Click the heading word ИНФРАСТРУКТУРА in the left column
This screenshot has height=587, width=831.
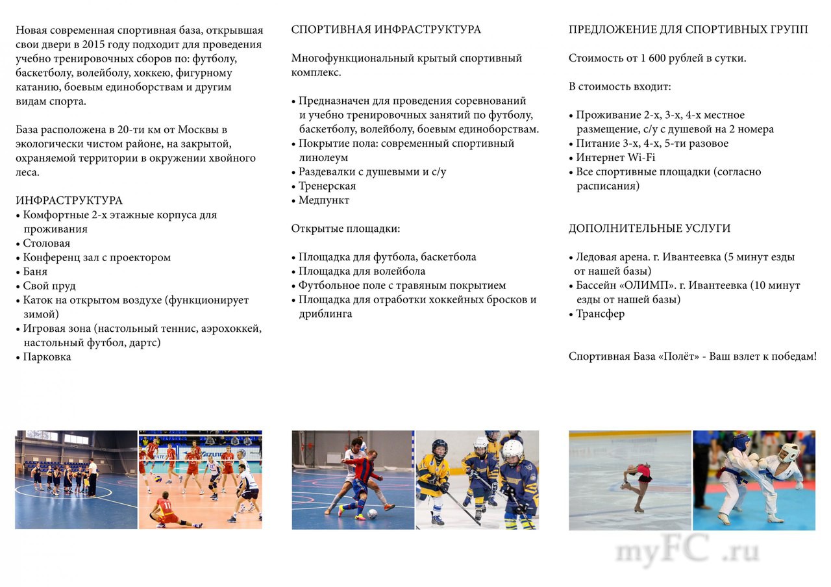[69, 201]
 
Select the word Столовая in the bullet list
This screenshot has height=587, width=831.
[47, 244]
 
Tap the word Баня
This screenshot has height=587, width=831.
[35, 272]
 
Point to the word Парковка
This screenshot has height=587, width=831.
[47, 357]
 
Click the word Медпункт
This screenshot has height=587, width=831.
[324, 201]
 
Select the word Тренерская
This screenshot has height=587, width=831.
[327, 186]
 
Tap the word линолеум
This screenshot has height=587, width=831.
[323, 158]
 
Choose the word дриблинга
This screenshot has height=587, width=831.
[325, 314]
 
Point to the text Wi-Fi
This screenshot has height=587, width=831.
[641, 158]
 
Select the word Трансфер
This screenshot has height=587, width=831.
[601, 314]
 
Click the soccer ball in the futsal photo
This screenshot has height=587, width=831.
[372, 512]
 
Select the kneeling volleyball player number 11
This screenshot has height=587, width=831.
[167, 510]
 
